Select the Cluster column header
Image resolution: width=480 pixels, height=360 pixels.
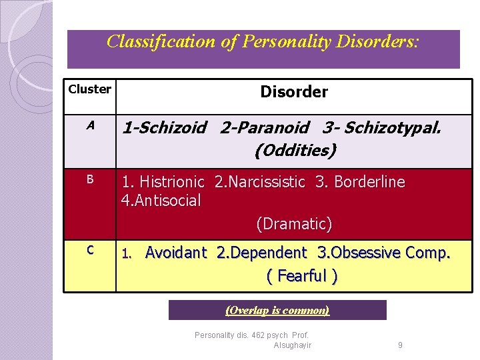coord(90,89)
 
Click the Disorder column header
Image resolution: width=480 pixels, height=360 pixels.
coord(294,92)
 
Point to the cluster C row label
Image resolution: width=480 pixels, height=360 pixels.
coord(90,250)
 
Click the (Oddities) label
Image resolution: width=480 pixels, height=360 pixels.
coord(295,151)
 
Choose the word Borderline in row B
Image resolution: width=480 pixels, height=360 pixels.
coord(370,182)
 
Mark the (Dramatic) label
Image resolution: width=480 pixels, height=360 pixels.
coord(294,224)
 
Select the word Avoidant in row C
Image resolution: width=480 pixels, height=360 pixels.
coord(176,253)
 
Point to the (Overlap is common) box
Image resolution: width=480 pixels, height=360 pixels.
coord(277,311)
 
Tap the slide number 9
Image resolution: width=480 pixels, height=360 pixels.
coord(400,345)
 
